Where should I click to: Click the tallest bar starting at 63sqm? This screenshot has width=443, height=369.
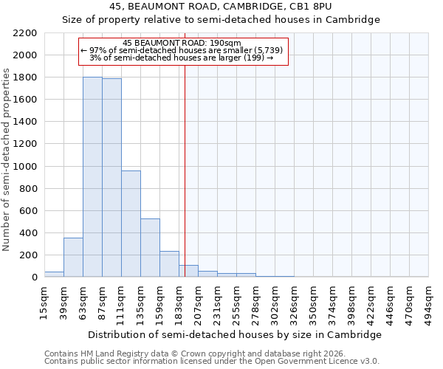click(x=92, y=177)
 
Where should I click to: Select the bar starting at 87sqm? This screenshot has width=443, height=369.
click(x=111, y=178)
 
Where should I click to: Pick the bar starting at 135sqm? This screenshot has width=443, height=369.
click(x=150, y=248)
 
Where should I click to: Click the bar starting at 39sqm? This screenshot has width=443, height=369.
click(x=73, y=258)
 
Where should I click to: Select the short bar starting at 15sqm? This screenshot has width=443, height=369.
click(x=54, y=274)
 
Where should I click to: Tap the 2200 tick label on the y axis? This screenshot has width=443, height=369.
click(x=25, y=33)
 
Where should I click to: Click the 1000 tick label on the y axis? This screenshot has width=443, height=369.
click(x=25, y=167)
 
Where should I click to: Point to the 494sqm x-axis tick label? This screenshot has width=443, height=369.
click(x=429, y=303)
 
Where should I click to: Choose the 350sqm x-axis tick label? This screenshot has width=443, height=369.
click(x=314, y=303)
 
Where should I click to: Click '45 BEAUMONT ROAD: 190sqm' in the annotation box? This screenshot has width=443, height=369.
click(x=182, y=43)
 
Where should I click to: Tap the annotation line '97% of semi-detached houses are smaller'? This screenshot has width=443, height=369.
click(x=182, y=50)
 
